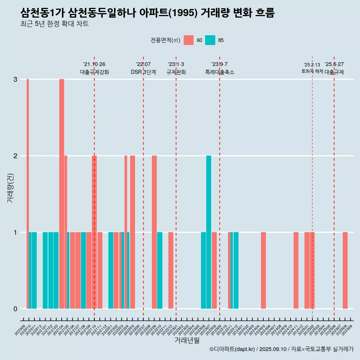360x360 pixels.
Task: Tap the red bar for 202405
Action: click(263, 270)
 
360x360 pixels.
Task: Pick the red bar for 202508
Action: click(345, 270)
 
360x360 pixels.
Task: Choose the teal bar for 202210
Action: click(160, 270)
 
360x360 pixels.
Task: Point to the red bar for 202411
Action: click(296, 270)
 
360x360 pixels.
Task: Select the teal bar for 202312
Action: click(236, 270)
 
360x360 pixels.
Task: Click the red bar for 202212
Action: click(171, 270)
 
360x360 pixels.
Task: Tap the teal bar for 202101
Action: click(45, 270)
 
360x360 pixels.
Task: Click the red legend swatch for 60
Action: click(189, 40)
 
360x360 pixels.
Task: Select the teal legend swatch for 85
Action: click(210, 40)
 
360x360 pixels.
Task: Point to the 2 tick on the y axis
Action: click(15, 156)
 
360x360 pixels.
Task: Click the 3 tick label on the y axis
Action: click(15, 79)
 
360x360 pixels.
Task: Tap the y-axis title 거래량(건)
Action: click(10, 187)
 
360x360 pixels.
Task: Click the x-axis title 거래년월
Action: click(187, 340)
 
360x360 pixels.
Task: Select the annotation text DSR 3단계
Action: click(143, 72)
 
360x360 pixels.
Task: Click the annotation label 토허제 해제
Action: click(312, 71)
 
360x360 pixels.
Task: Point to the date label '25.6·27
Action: click(334, 64)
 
